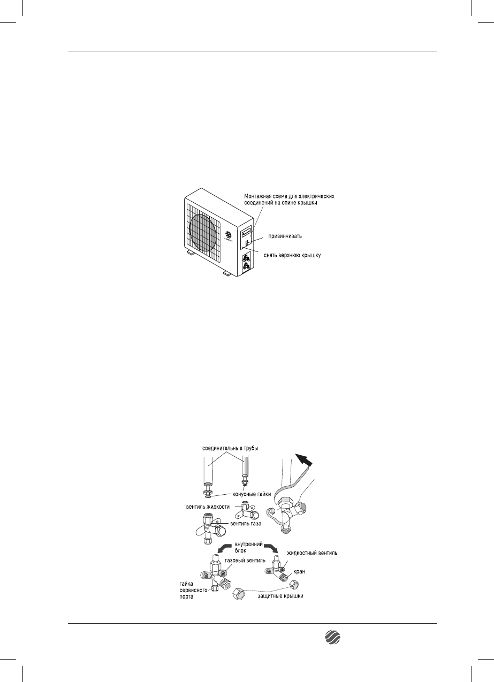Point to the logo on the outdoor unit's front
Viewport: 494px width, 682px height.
coord(229,235)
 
